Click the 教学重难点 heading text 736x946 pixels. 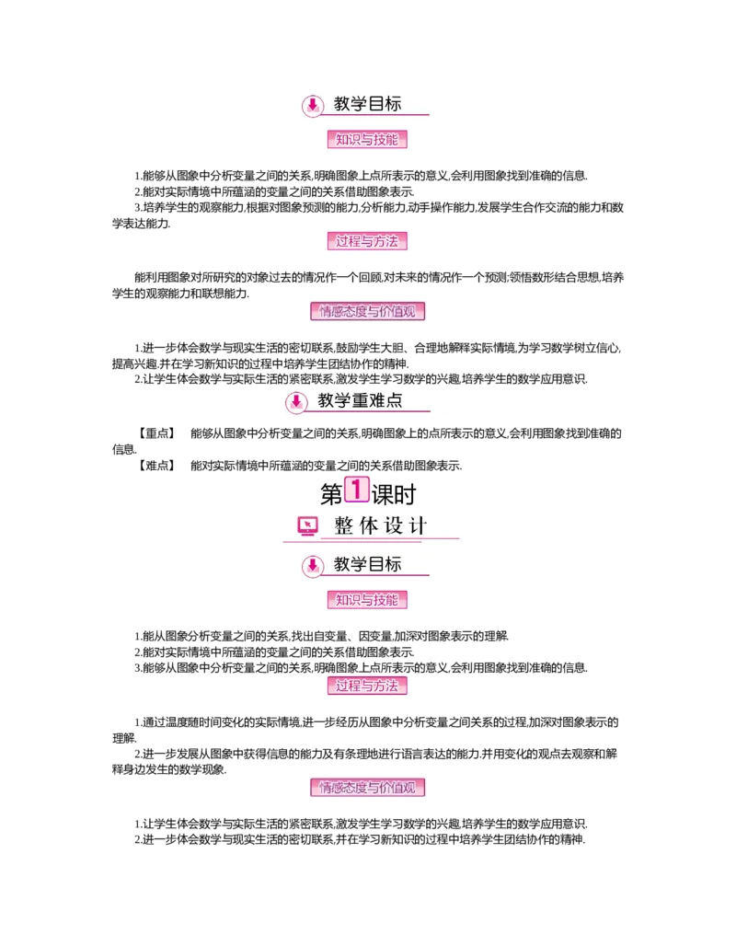click(x=360, y=401)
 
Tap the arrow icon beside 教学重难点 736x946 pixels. click(x=296, y=402)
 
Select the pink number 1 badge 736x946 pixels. click(x=356, y=490)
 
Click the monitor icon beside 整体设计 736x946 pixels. click(x=308, y=525)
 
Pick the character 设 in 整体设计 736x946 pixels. click(x=395, y=526)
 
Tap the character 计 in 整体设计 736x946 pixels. click(x=419, y=526)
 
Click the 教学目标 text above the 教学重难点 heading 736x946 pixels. click(x=368, y=104)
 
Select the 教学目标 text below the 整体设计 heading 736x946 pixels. click(x=368, y=564)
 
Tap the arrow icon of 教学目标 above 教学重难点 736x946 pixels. click(x=313, y=105)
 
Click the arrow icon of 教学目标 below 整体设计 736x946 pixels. click(x=313, y=565)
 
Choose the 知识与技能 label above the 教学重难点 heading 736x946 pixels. click(x=367, y=140)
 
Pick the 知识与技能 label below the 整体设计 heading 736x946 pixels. click(x=367, y=600)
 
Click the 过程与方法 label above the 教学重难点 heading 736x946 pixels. click(x=367, y=242)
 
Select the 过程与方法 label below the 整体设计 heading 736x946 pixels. click(x=367, y=686)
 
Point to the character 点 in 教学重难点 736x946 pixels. click(x=394, y=401)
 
